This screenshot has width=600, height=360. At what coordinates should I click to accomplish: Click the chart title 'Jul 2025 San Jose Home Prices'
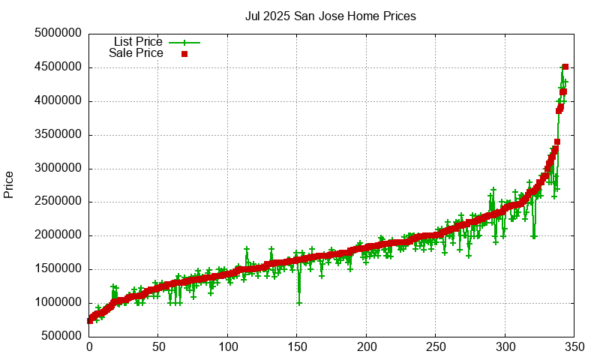(x=331, y=16)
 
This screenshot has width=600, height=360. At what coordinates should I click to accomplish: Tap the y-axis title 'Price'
(x=9, y=184)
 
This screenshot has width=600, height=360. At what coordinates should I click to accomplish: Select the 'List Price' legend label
(x=138, y=41)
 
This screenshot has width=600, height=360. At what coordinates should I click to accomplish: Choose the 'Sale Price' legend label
(x=136, y=53)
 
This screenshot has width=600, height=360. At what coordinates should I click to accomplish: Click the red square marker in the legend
(x=184, y=54)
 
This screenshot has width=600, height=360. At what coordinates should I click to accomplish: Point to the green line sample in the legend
(x=184, y=42)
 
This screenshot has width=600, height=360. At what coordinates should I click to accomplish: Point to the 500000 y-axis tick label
(x=61, y=337)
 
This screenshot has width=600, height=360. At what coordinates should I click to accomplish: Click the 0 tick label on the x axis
(x=89, y=347)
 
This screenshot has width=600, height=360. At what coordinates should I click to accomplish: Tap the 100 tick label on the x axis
(x=228, y=347)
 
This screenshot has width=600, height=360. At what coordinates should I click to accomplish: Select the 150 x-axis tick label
(x=297, y=347)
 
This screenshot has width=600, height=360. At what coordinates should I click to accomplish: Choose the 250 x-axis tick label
(x=436, y=347)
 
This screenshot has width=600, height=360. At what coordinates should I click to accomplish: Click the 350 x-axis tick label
(x=574, y=347)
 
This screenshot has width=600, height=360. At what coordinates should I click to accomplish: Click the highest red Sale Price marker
(x=565, y=67)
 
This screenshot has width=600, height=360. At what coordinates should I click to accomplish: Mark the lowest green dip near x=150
(x=299, y=303)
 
